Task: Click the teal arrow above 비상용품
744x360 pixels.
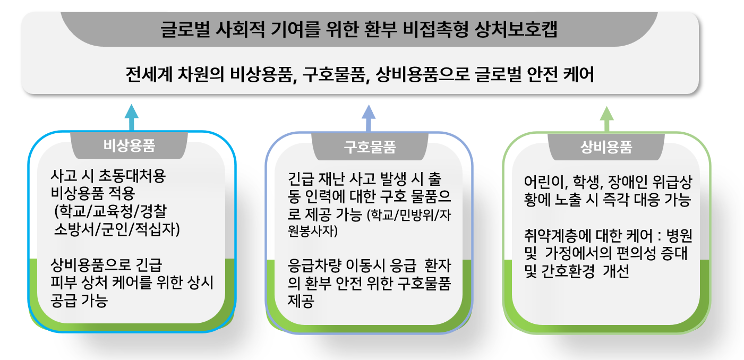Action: (132, 117)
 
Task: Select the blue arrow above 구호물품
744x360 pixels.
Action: (369, 118)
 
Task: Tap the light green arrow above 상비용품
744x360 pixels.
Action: (607, 119)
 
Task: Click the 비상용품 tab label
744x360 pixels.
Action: (129, 145)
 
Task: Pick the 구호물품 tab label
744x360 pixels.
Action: (370, 147)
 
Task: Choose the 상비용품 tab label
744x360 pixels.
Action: (606, 147)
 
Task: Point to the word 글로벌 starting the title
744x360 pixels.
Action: (185, 29)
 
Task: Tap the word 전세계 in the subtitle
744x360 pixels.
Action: (149, 74)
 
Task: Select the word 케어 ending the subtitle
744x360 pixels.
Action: (579, 74)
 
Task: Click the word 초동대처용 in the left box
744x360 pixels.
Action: (132, 176)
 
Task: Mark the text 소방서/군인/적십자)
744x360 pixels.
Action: (117, 229)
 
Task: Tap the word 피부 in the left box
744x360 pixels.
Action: (63, 282)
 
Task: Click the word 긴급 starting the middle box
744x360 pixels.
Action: (301, 179)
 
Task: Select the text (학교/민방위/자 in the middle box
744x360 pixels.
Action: (409, 215)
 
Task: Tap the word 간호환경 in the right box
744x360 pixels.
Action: (568, 271)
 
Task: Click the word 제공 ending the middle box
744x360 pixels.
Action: (301, 301)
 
